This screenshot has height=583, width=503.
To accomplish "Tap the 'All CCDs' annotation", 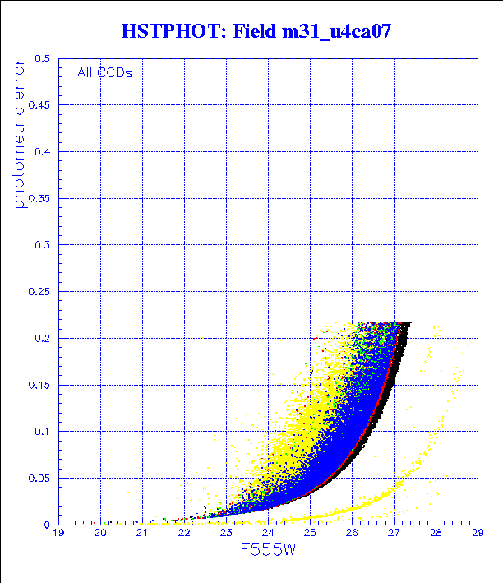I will [104, 72].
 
